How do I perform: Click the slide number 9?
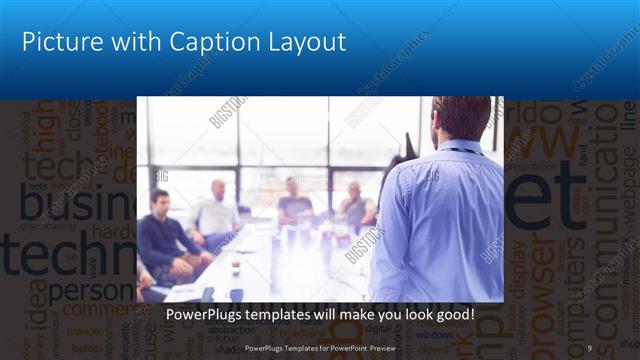coord(589,347)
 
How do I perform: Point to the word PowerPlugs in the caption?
coord(207,316)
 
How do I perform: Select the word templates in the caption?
coord(289,316)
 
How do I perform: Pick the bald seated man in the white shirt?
coord(216,211)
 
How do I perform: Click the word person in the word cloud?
coord(90,293)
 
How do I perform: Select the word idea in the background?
coord(40,301)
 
